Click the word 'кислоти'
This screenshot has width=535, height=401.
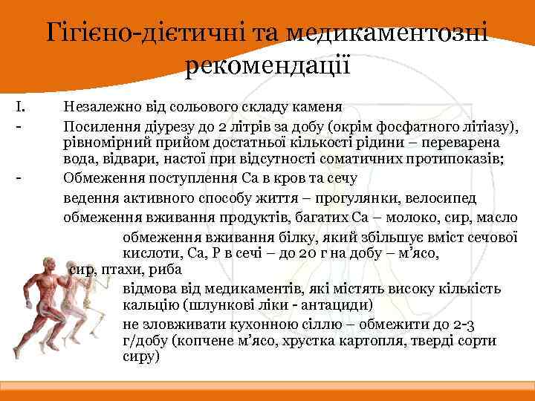(x=148, y=254)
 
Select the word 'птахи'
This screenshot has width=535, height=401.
(x=115, y=269)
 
